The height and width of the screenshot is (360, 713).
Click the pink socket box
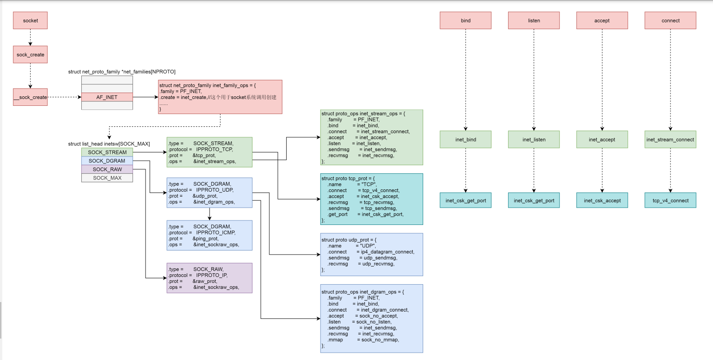30,21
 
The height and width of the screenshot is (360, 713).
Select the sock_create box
30,55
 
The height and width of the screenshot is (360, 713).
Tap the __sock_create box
30,97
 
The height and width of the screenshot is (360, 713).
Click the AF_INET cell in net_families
107,97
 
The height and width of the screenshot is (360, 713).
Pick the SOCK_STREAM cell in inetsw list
107,152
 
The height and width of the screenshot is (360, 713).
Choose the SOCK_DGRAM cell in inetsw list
107,161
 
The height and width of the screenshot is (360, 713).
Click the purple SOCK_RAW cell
107,169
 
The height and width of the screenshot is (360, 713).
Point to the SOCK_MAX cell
107,178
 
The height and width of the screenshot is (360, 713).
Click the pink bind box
466,21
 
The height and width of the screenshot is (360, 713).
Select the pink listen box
534,21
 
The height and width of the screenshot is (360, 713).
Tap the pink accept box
602,21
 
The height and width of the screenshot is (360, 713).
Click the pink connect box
670,21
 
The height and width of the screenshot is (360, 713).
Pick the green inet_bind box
466,140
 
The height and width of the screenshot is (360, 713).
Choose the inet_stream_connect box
670,140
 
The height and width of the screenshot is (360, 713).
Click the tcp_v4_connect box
670,200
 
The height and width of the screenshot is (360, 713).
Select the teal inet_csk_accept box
602,200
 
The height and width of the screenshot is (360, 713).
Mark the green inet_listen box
534,140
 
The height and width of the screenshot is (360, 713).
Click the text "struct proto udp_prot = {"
349,240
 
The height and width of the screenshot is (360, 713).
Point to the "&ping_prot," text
205,239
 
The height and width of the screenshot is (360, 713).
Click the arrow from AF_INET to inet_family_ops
145,97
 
